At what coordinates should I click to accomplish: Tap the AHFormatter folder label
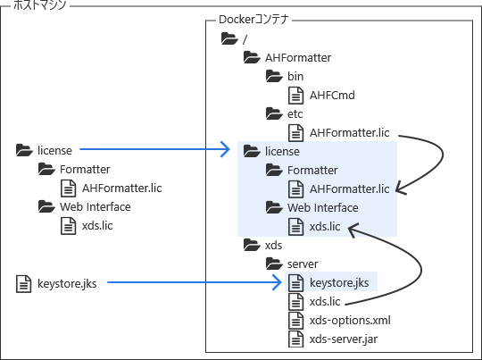(x=298, y=57)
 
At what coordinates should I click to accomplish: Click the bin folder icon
(x=274, y=76)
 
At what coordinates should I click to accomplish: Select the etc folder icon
(x=274, y=113)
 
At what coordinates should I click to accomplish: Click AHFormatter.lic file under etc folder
(x=349, y=132)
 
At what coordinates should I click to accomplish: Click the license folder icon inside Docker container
(x=252, y=151)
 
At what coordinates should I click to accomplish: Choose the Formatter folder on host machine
(x=85, y=169)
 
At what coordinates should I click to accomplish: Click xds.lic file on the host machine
(x=97, y=225)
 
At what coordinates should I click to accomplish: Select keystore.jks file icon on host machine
(x=24, y=284)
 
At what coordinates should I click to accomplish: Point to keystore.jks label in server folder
(x=338, y=283)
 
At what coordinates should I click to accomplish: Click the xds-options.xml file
(x=349, y=320)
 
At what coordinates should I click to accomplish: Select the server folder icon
(x=274, y=264)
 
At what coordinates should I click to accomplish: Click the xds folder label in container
(x=274, y=245)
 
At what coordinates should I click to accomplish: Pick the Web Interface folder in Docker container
(x=322, y=207)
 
